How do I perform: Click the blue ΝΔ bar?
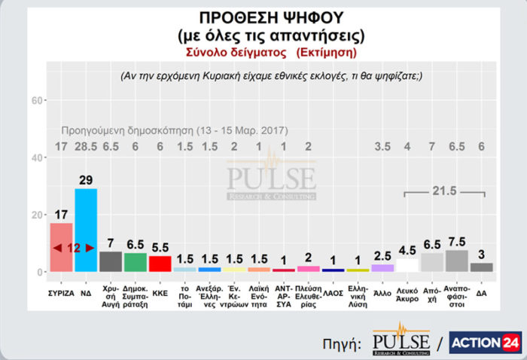tap(86, 230)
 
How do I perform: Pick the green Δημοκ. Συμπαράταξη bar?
tap(135, 262)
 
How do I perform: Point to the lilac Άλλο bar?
tap(382, 267)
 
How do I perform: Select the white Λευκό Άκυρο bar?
tap(407, 265)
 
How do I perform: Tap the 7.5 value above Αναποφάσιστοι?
tap(456, 243)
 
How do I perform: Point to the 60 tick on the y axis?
tap(35, 101)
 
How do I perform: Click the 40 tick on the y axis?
tap(35, 158)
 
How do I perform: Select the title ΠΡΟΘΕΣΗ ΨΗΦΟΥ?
tap(260, 17)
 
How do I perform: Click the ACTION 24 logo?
tap(485, 342)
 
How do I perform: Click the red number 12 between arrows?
tap(73, 248)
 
